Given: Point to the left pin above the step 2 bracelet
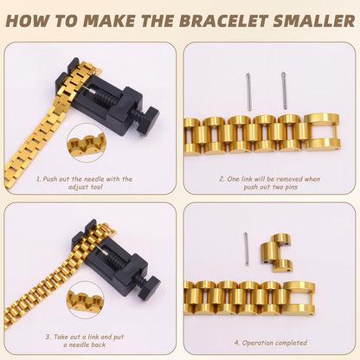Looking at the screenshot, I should coord(248,90).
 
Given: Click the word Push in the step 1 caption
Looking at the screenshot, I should coord(55,179).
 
